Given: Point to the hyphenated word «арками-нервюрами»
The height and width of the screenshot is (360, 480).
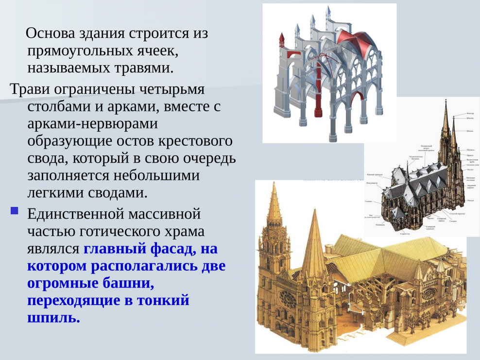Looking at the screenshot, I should (93, 124).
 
